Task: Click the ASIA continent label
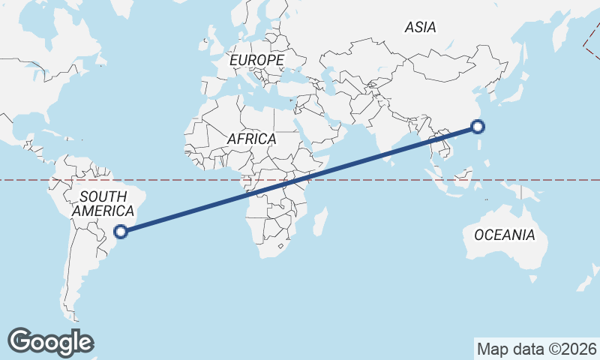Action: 420,27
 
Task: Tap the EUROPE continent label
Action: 257,59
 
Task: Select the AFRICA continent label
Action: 251,139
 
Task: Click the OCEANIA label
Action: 505,235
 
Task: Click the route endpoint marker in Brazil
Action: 121,232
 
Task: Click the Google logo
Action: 50,342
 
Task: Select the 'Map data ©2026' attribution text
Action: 537,349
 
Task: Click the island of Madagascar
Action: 320,222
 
